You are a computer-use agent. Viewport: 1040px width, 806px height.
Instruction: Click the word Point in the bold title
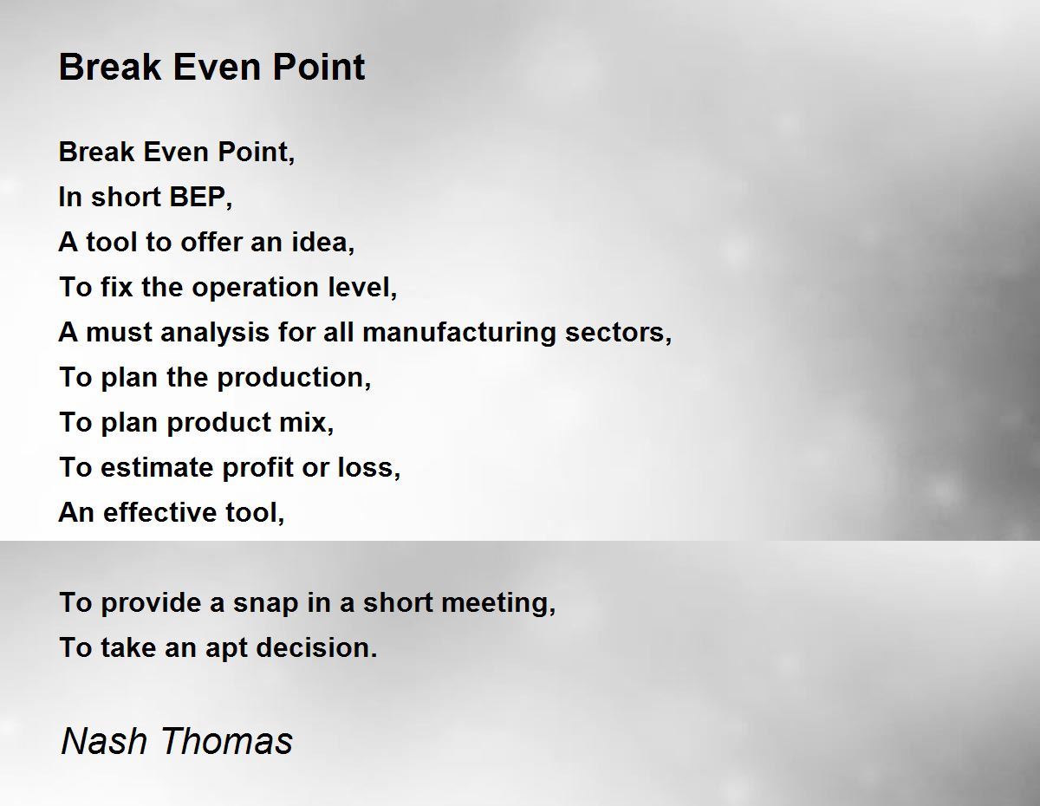[x=319, y=67]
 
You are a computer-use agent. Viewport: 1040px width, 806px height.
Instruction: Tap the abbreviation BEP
[x=200, y=198]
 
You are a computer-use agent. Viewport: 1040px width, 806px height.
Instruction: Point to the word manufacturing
[x=459, y=332]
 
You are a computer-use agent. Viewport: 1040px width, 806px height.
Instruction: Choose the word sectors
[x=618, y=333]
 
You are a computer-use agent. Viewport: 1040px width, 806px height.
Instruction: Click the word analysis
[x=215, y=333]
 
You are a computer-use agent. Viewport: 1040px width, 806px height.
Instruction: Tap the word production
[x=294, y=378]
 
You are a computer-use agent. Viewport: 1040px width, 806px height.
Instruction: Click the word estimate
[x=157, y=468]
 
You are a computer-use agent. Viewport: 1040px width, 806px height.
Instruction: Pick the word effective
[x=159, y=512]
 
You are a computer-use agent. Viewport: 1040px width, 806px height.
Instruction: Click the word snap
[x=265, y=603]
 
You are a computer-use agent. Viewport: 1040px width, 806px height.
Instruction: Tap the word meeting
[x=498, y=603]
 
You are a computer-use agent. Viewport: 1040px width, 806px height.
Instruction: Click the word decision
[x=317, y=648]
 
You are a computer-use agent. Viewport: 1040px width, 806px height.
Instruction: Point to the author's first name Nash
[x=104, y=741]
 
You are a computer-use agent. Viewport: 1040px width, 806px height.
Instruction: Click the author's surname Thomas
[x=227, y=741]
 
